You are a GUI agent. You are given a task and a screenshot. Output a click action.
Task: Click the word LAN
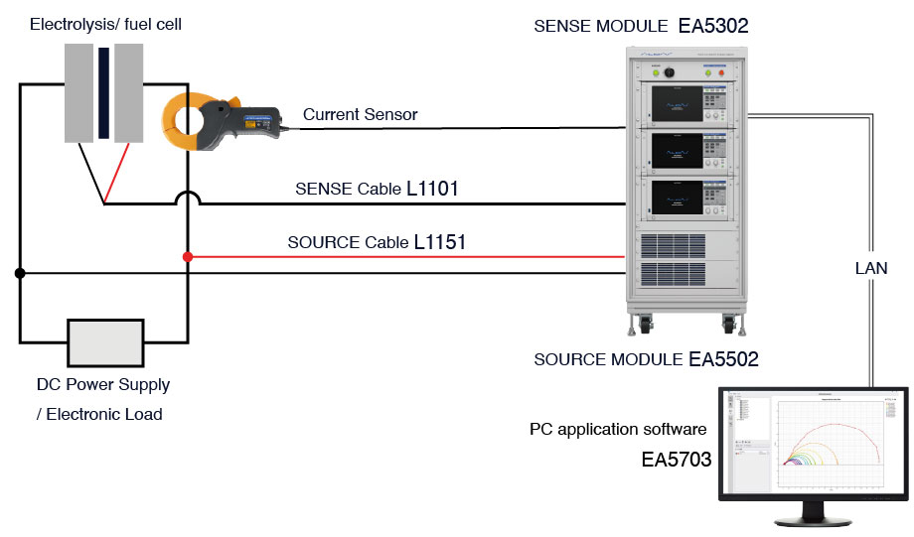870,268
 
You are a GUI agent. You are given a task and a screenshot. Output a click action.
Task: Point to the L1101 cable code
432,188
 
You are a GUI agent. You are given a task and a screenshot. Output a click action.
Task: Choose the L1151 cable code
440,241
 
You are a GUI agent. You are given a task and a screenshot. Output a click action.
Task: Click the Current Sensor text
360,115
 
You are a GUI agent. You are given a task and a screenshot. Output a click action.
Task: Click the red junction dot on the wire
188,257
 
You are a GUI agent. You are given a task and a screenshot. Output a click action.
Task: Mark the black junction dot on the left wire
19,272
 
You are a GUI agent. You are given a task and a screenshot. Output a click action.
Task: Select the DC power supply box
104,343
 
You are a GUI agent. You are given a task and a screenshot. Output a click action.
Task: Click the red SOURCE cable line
397,257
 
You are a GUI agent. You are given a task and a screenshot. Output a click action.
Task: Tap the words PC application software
618,430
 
